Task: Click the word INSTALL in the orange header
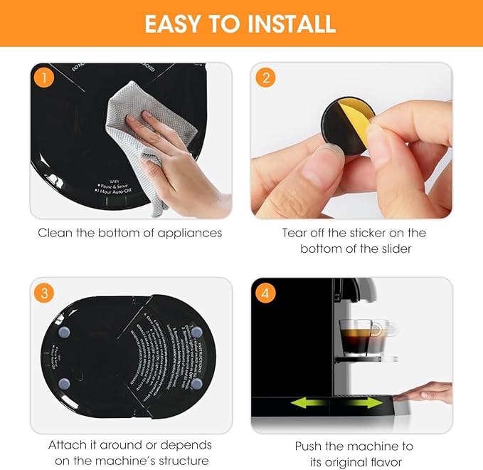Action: (289, 24)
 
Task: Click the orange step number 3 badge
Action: (45, 293)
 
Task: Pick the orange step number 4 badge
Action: (266, 293)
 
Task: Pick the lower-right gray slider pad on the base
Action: (195, 382)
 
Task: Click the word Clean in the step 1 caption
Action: (55, 233)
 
